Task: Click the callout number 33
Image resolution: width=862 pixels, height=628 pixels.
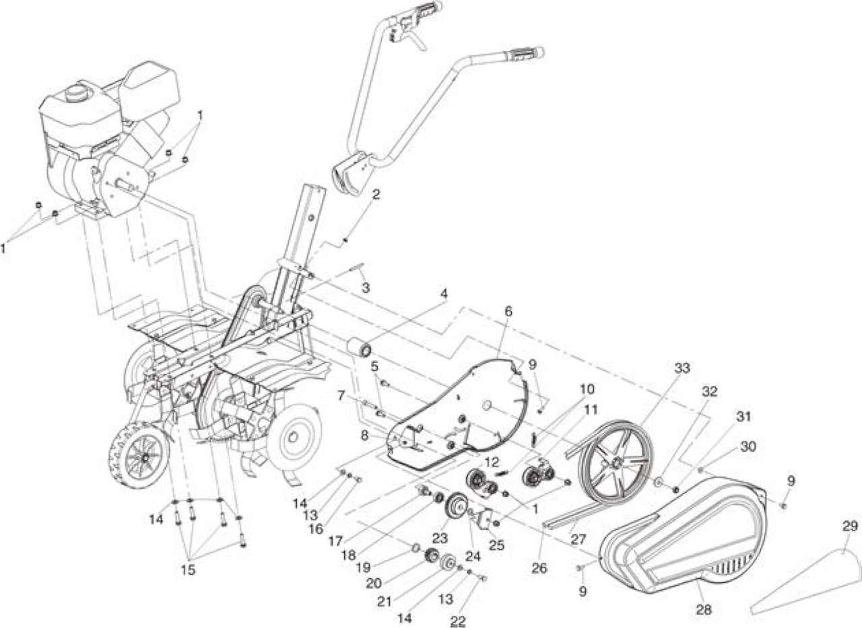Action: [682, 368]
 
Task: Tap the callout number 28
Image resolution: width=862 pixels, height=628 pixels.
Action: [704, 610]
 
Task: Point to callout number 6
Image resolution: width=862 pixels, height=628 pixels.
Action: [508, 312]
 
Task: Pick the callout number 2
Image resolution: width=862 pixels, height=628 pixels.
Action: [376, 195]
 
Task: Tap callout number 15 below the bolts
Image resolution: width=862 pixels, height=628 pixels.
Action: [188, 570]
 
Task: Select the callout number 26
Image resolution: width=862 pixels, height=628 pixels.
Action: [539, 568]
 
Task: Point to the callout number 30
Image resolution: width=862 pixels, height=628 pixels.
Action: [748, 446]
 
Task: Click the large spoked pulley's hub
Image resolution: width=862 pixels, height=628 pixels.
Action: [616, 464]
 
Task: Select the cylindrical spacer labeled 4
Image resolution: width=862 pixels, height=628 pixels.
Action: [360, 349]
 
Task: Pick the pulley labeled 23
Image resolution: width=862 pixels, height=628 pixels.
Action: [457, 508]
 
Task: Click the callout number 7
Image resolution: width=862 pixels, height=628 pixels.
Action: [341, 396]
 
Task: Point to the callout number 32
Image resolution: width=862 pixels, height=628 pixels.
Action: [710, 392]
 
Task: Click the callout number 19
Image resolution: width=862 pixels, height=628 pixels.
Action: [363, 567]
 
